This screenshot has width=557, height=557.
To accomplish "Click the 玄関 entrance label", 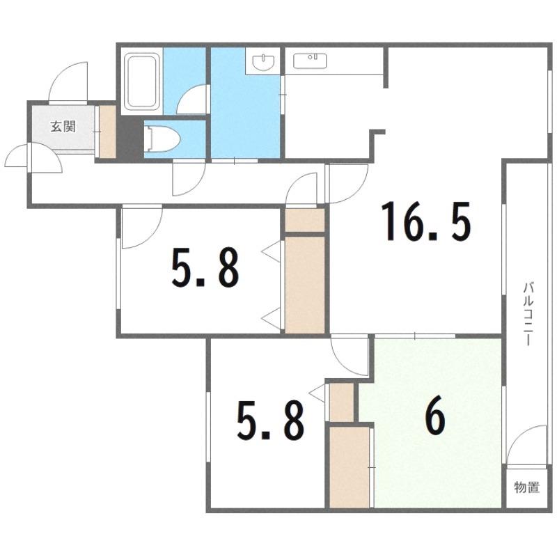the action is (x=63, y=126).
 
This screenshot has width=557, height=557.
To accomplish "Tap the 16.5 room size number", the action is (x=425, y=221).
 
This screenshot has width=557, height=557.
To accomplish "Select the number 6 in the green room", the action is (x=436, y=418).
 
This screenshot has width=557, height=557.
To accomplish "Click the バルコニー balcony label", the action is (x=528, y=313).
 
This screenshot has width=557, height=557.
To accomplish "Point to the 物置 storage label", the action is (x=527, y=487).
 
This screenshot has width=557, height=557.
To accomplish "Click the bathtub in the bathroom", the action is (x=142, y=81).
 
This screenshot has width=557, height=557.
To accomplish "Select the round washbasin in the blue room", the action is (x=263, y=62).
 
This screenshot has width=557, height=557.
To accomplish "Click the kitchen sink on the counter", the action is (x=310, y=61).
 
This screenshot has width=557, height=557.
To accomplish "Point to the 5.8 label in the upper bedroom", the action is (x=205, y=267).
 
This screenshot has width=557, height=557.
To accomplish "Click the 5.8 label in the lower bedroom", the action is (x=271, y=421).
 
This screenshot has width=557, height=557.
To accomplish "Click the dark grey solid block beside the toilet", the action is (x=130, y=138).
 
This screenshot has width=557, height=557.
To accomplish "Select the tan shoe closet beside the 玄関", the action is (x=107, y=132).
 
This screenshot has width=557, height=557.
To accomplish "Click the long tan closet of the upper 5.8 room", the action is (x=305, y=285).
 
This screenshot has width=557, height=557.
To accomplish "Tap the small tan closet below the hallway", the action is (x=305, y=220).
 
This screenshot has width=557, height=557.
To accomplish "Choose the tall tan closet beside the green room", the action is (x=350, y=467).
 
